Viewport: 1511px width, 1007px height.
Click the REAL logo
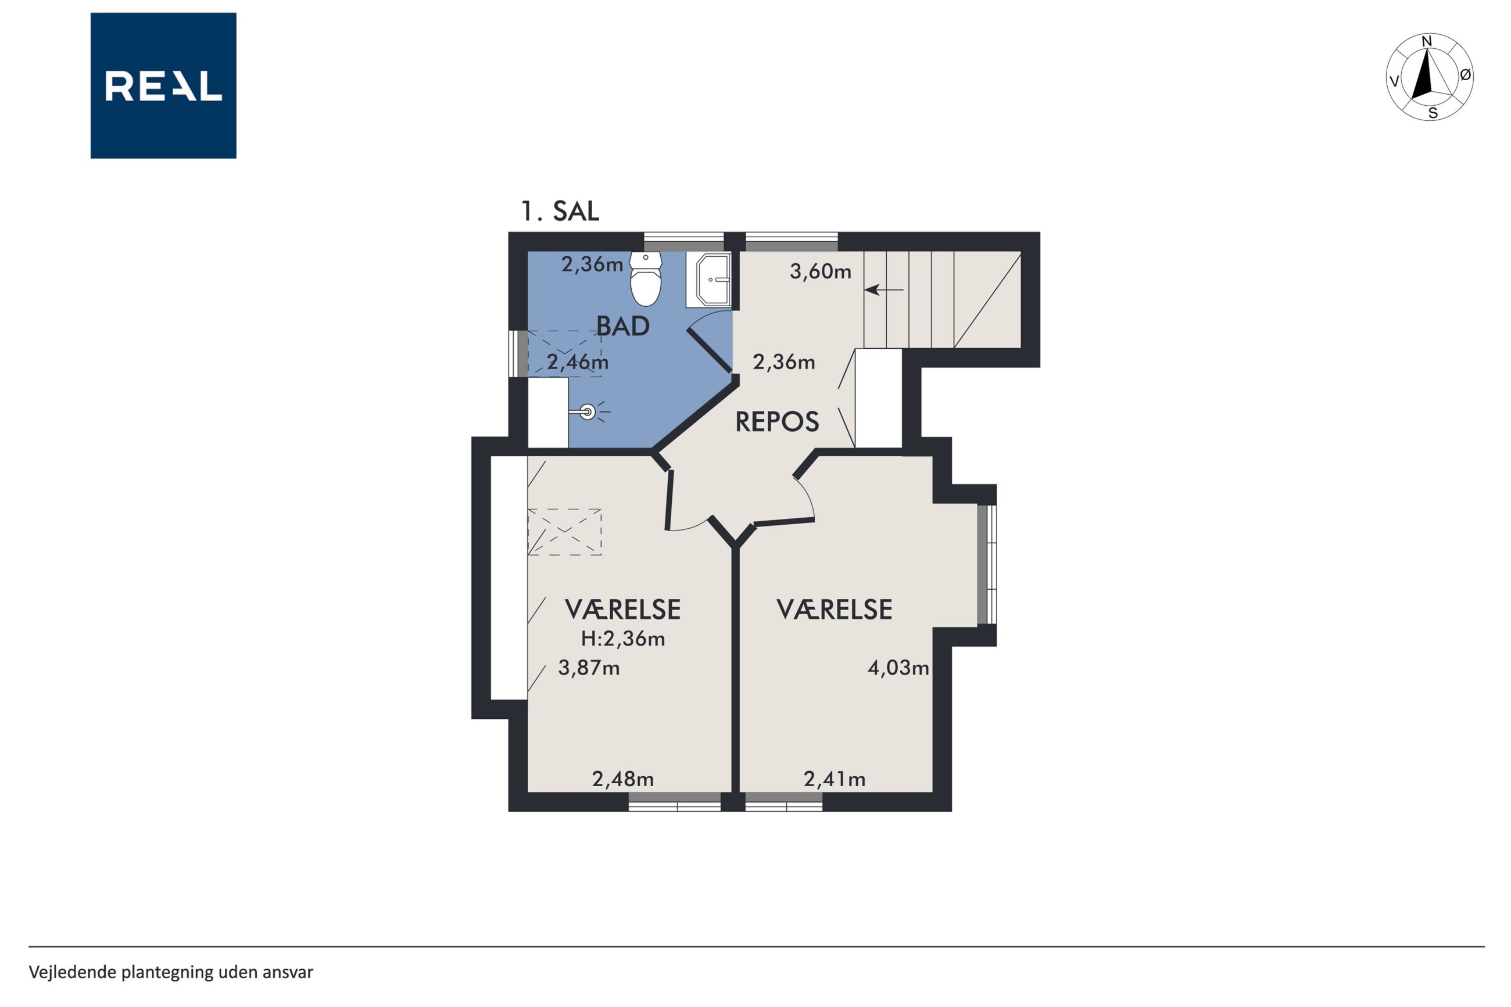click(x=163, y=85)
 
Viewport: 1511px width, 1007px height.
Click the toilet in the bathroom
click(x=645, y=278)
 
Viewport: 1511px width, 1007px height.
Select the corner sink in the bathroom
click(x=708, y=279)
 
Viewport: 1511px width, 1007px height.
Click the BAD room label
click(x=623, y=326)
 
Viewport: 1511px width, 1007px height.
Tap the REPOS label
click(x=777, y=422)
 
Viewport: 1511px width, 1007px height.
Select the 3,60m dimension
click(x=821, y=272)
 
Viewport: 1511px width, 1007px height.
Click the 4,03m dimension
click(x=898, y=668)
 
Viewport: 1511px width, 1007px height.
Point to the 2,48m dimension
click(x=623, y=779)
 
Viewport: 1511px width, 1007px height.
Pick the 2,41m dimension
click(x=835, y=779)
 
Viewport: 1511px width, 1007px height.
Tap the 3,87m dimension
click(x=589, y=668)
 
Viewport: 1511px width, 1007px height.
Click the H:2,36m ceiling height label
click(x=623, y=639)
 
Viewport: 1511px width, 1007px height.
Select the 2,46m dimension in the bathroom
click(x=578, y=362)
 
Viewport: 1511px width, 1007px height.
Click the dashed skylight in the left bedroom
click(x=564, y=532)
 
